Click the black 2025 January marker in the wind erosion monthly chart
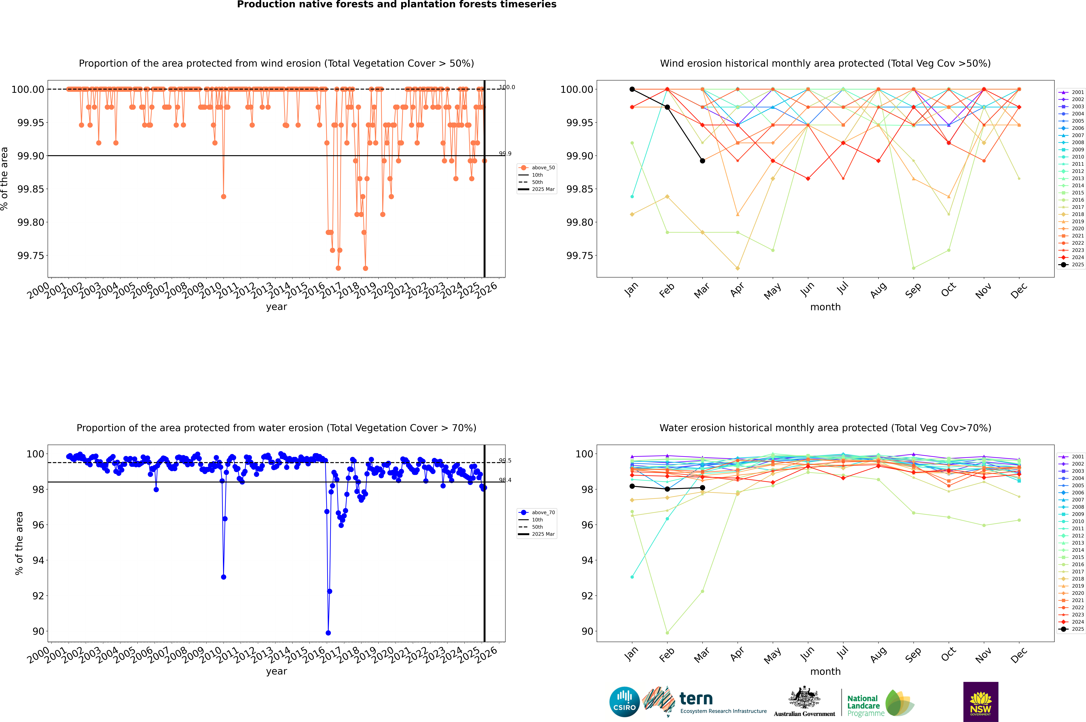(632, 89)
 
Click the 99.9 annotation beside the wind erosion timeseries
(505, 154)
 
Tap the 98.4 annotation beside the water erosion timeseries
(505, 480)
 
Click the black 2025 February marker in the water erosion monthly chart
(667, 489)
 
